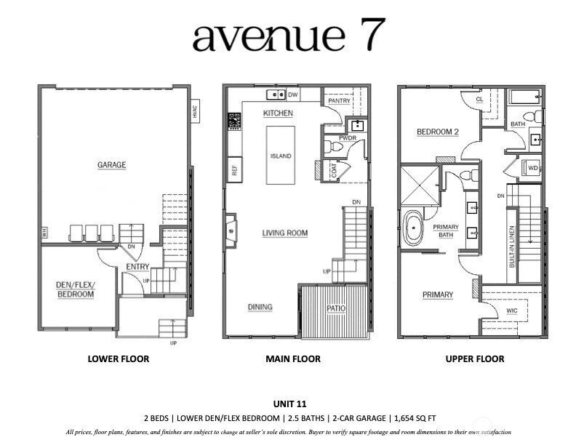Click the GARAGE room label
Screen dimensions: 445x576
(x=111, y=165)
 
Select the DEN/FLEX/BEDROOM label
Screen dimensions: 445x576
(x=76, y=289)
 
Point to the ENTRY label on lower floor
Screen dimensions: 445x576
(x=137, y=267)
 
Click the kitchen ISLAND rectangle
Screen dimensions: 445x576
(x=281, y=155)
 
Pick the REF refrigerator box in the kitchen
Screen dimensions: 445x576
(x=235, y=170)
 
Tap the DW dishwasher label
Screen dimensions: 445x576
(x=293, y=95)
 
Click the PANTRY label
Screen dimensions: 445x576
(x=340, y=101)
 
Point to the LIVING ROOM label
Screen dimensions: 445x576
(x=285, y=233)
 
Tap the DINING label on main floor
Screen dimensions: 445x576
(x=260, y=307)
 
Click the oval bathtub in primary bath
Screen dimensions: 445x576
(x=414, y=228)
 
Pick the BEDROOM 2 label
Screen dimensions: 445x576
(x=438, y=132)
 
